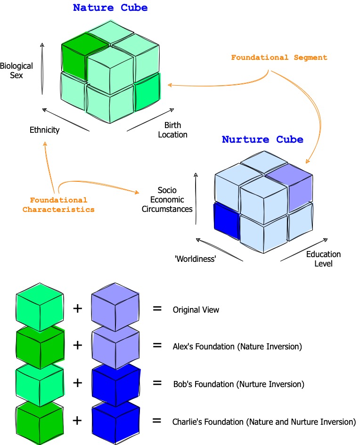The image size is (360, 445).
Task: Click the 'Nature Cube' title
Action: point(110,8)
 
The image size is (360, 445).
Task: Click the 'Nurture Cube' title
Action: point(262,139)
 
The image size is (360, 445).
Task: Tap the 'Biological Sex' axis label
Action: point(16,71)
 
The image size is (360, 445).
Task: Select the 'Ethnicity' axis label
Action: point(44,129)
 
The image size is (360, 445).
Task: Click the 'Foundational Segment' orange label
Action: point(278,57)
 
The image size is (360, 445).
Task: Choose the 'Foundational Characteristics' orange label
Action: point(58,205)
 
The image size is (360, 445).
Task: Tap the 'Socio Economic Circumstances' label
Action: point(167,199)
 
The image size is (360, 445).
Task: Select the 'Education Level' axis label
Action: point(323,259)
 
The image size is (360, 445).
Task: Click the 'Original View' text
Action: point(196,310)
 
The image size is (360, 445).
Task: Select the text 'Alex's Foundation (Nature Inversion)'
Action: point(237,347)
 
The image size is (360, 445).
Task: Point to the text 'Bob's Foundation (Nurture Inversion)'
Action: point(238,384)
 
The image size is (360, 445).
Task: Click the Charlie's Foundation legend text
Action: point(264,421)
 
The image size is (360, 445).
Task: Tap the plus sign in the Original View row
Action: point(77,309)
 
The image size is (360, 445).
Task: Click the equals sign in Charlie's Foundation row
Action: point(157,421)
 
